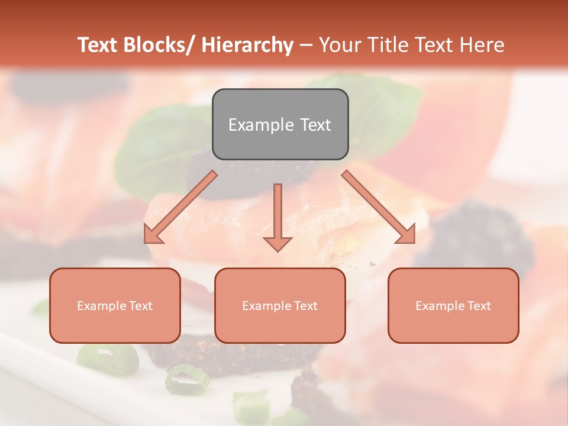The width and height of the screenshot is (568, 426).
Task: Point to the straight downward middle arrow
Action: pyautogui.click(x=277, y=213)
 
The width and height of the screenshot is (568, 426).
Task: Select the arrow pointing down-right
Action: pyautogui.click(x=379, y=207)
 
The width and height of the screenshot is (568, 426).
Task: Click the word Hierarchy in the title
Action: pyautogui.click(x=247, y=45)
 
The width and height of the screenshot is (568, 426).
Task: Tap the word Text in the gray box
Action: pyautogui.click(x=315, y=125)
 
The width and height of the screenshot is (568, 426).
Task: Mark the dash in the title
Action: pyautogui.click(x=306, y=45)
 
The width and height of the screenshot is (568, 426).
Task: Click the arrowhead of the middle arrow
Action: pyautogui.click(x=277, y=244)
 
